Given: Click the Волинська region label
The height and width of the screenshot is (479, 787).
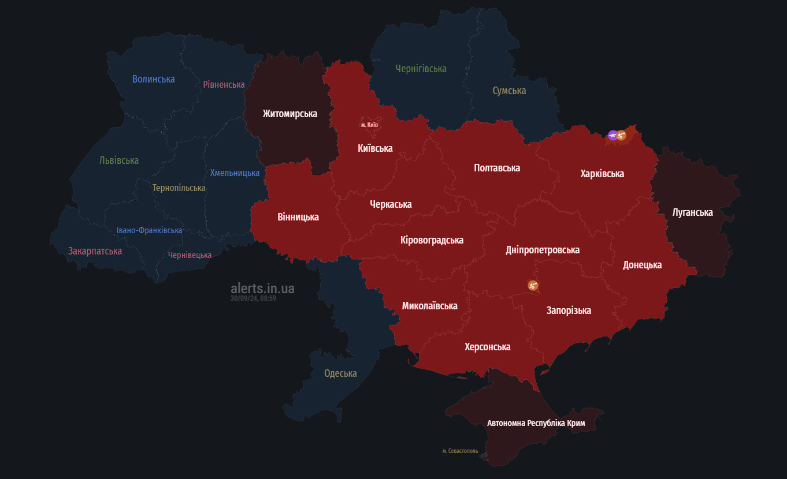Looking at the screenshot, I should (x=153, y=79).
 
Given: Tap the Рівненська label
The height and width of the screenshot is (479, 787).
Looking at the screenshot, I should (x=224, y=84).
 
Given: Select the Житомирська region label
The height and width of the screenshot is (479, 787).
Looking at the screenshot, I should (x=289, y=114).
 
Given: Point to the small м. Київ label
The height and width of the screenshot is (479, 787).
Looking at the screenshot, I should (x=369, y=125).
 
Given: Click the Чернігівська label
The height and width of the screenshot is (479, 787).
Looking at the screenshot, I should (x=421, y=69).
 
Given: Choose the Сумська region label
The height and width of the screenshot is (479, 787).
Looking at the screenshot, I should (x=509, y=91).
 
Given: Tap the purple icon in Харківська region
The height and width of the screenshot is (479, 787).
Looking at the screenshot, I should (x=612, y=136).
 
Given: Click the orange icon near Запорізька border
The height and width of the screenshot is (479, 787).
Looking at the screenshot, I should (x=533, y=285).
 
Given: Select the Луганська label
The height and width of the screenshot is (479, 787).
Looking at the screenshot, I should (x=692, y=212).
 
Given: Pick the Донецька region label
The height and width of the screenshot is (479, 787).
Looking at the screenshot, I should (x=642, y=265).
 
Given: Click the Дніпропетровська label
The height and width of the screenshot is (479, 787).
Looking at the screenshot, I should (x=542, y=250).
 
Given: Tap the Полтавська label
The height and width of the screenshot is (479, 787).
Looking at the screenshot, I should (x=496, y=168).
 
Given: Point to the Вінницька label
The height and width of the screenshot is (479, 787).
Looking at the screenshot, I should (x=298, y=217).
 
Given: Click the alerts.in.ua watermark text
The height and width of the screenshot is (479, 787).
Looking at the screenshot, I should (x=262, y=288).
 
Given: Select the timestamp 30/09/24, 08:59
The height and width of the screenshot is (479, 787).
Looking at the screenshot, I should (x=253, y=298).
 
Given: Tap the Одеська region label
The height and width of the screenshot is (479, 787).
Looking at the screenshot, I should (x=340, y=373).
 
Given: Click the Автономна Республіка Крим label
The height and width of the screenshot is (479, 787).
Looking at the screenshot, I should (x=536, y=423).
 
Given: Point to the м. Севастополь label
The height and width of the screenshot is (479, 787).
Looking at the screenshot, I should (x=460, y=451).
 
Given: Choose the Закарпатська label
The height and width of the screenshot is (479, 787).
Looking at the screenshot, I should (x=95, y=251).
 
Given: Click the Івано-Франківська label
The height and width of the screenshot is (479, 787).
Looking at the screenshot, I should (x=149, y=230).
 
